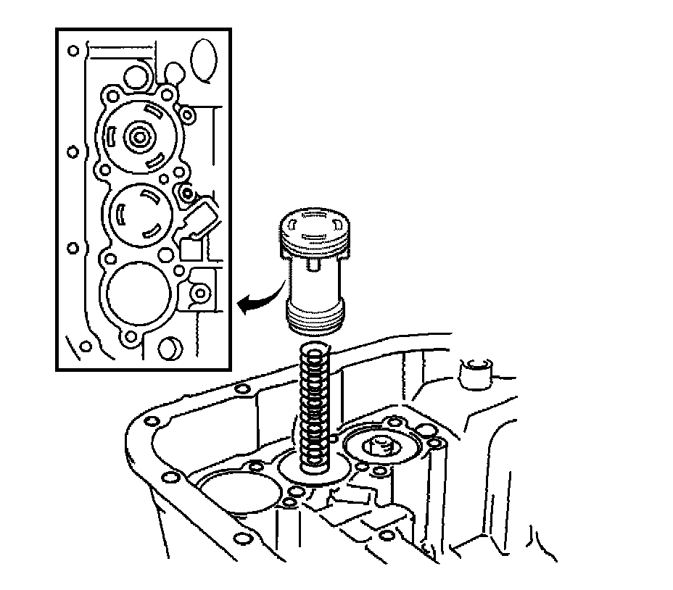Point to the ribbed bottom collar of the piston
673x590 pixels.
tap(317, 318)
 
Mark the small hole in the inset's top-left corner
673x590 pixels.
tap(73, 51)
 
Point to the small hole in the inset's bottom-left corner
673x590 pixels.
tap(86, 346)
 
